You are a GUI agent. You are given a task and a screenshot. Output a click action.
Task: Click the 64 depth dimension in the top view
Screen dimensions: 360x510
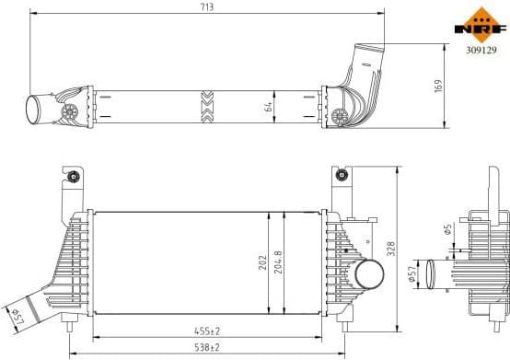click(x=267, y=106)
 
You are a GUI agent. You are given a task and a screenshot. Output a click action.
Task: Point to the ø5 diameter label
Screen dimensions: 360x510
click(x=447, y=230)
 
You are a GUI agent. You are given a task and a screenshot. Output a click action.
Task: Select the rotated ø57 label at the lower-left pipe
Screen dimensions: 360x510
click(x=17, y=317)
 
